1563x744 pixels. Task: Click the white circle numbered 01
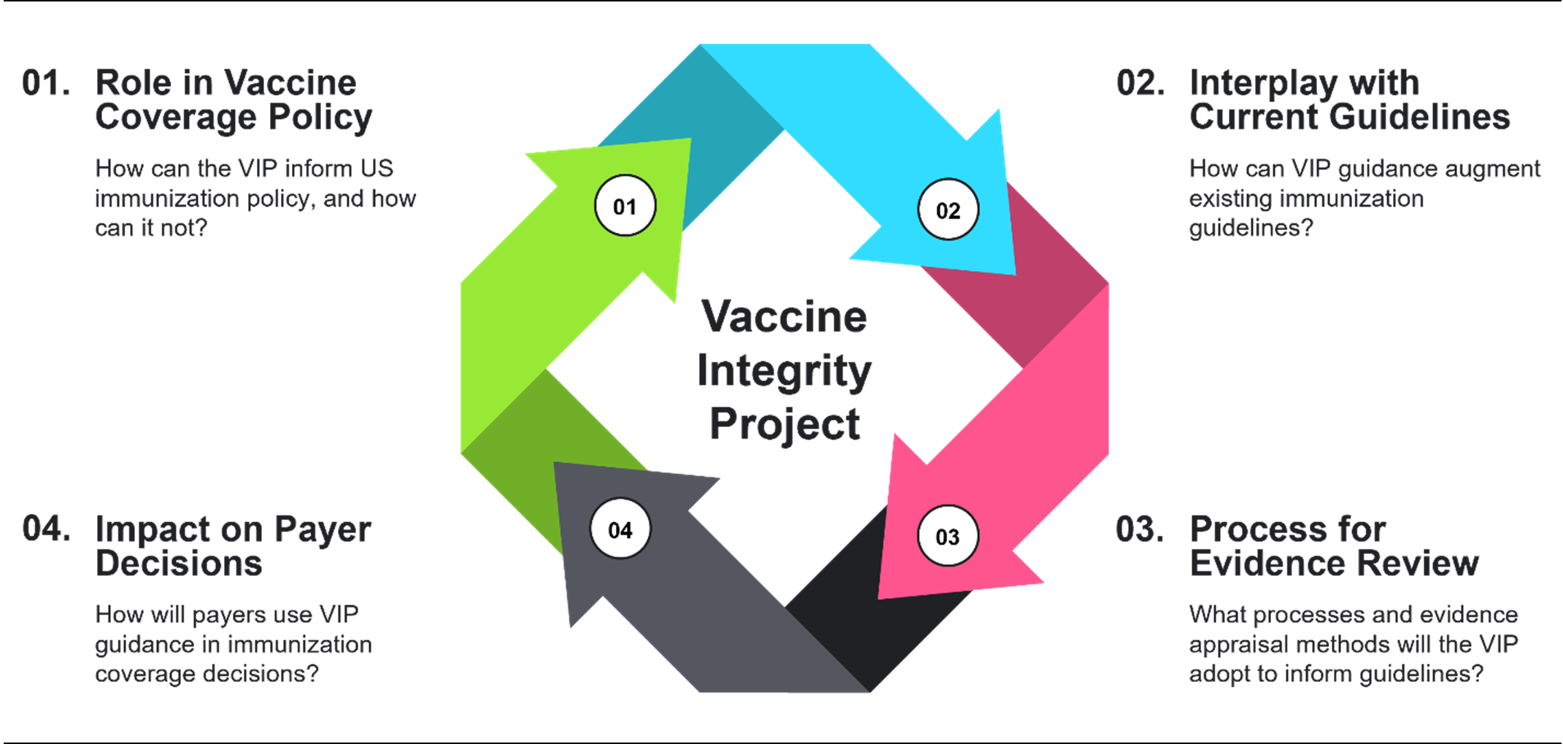[x=625, y=206]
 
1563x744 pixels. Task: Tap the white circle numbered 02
[x=948, y=210]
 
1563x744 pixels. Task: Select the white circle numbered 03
[x=948, y=537]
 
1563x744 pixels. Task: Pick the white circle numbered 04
[x=620, y=529]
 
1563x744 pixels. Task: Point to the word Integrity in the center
[x=784, y=371]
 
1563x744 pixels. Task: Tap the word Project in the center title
[x=784, y=424]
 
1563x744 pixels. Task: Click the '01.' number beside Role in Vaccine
[x=46, y=83]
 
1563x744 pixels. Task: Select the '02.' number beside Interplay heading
[x=1140, y=83]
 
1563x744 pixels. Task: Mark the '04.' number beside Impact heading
[x=46, y=529]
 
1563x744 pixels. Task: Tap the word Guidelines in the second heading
[x=1419, y=117]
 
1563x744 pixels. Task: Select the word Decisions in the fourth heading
[x=179, y=563]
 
